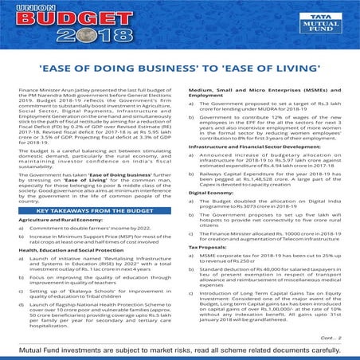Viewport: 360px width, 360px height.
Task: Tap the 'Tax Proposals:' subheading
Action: [208, 247]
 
